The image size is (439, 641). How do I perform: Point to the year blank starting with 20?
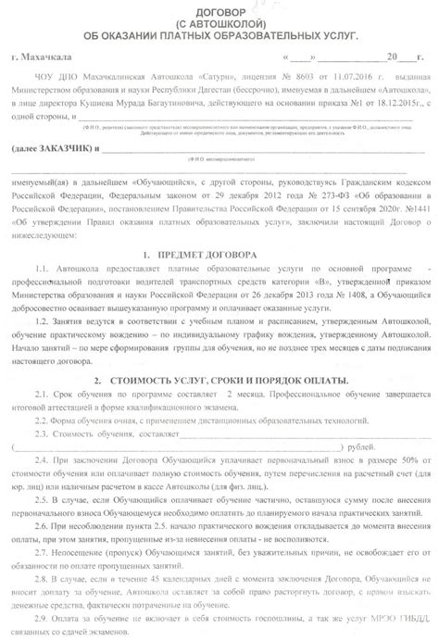(382, 57)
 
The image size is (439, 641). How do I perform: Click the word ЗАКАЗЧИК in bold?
(64, 148)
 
